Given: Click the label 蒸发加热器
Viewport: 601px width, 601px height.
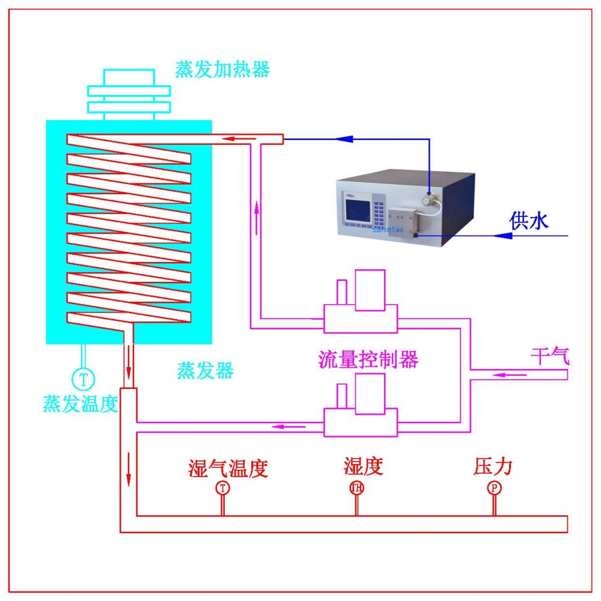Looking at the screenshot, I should pyautogui.click(x=222, y=70).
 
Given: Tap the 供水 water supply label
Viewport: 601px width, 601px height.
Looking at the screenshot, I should pyautogui.click(x=529, y=221).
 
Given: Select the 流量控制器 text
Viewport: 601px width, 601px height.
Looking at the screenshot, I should pyautogui.click(x=368, y=359).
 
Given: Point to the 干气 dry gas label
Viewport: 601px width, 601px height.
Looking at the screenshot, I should pyautogui.click(x=549, y=356).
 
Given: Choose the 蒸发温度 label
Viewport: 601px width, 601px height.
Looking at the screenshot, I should pyautogui.click(x=79, y=403).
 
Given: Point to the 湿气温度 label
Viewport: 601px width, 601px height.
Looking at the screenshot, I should pyautogui.click(x=227, y=468).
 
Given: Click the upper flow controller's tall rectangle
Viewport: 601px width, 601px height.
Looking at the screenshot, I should pyautogui.click(x=370, y=290).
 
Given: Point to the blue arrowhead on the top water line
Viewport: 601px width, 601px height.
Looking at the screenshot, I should pyautogui.click(x=344, y=139).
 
